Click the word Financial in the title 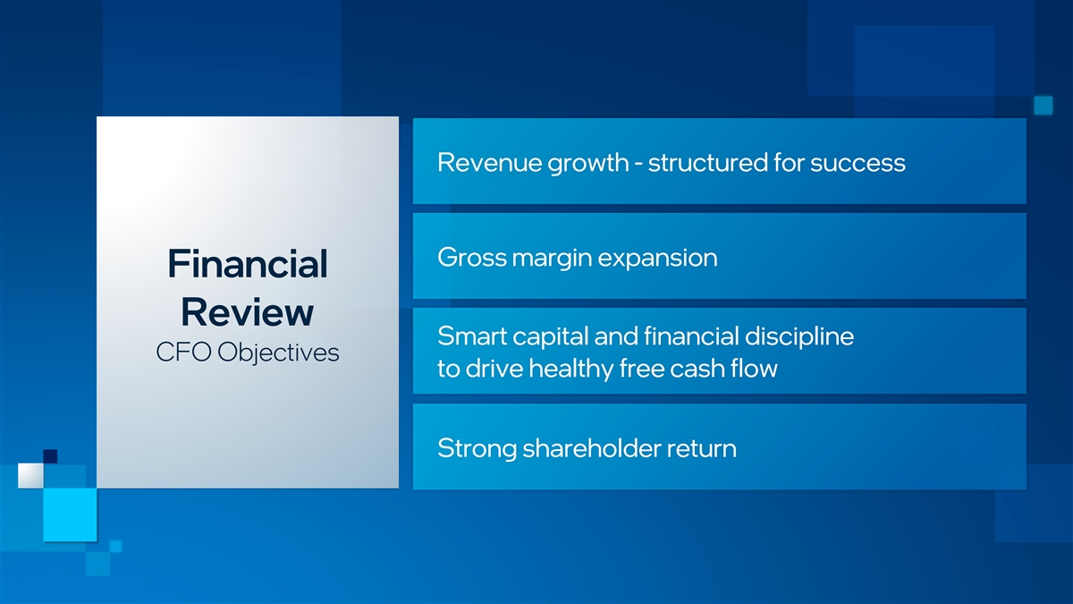tap(248, 264)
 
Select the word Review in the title tap(247, 312)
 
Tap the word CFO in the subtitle tap(183, 353)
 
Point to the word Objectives tap(278, 353)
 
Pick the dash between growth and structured tap(638, 165)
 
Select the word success tap(858, 164)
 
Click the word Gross tap(471, 258)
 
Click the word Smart tap(472, 336)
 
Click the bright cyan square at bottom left tap(70, 515)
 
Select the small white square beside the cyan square tap(30, 475)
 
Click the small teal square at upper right tap(1043, 106)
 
